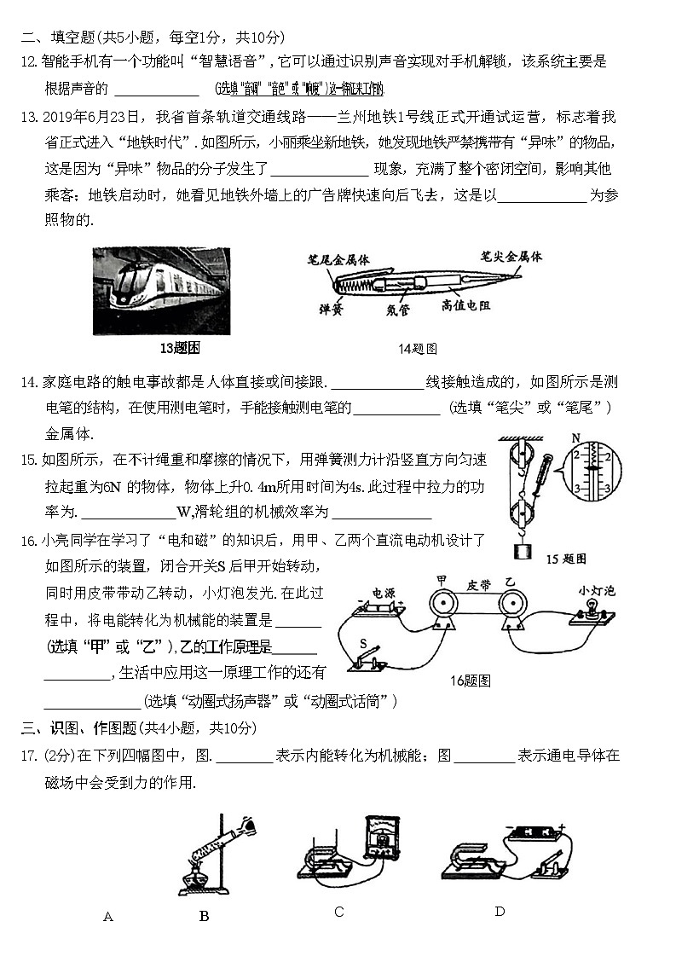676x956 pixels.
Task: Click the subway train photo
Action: [x=161, y=290]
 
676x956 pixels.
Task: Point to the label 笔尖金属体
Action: [x=511, y=255]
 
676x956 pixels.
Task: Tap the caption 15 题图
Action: [x=565, y=559]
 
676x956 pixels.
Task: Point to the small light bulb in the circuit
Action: [x=591, y=611]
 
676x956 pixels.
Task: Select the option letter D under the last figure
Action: [x=500, y=912]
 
